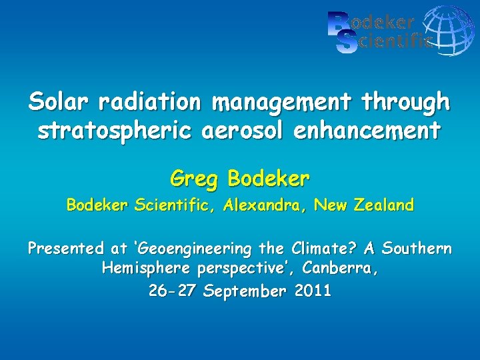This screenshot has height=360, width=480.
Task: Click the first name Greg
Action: [195, 179]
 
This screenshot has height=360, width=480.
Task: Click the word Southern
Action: [417, 249]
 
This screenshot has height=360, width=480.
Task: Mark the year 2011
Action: [311, 291]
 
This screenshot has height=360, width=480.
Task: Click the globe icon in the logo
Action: [449, 30]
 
